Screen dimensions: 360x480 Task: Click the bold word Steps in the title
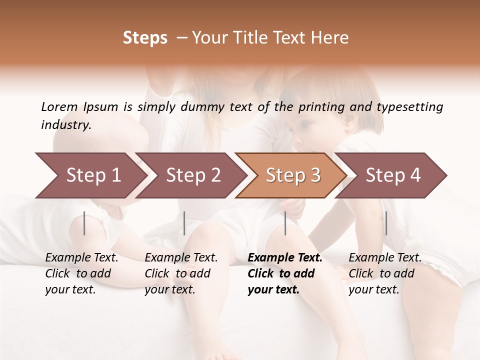145,38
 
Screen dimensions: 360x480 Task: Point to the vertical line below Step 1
84,223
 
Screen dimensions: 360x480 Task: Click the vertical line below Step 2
184,223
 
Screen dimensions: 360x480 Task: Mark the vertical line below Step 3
285,223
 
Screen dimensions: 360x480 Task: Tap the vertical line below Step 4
386,223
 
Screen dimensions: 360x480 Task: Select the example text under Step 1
81,273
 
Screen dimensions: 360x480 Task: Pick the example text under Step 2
181,273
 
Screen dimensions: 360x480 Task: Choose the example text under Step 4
385,273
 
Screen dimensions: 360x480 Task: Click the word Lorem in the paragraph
59,106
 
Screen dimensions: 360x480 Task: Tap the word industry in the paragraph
65,125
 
